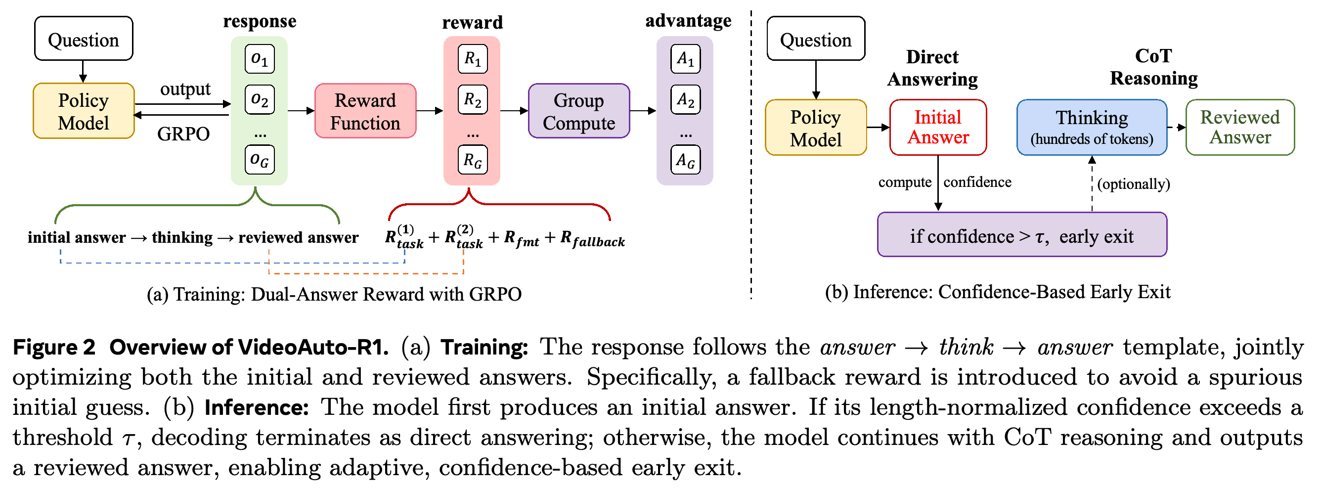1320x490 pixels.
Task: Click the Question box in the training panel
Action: tap(84, 39)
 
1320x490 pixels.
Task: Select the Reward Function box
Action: tap(365, 111)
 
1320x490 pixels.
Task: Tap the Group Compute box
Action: tap(579, 111)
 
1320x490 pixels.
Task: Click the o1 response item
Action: tap(260, 59)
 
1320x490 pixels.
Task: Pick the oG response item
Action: tap(260, 159)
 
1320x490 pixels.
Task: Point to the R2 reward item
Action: tap(473, 99)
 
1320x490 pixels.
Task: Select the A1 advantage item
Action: tap(686, 59)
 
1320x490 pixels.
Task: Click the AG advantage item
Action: tap(686, 159)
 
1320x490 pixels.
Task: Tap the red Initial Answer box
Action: tap(938, 127)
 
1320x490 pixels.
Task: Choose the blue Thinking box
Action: tap(1092, 127)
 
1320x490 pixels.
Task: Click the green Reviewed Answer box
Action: tap(1240, 127)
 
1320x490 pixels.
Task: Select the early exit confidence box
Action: tap(1022, 234)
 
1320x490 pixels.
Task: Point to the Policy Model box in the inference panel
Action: tap(816, 127)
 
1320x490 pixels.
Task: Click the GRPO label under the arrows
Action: tap(183, 134)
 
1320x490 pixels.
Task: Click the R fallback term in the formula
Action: tap(592, 238)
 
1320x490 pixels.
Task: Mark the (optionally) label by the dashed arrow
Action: tap(1134, 183)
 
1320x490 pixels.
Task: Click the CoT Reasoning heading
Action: tap(1153, 67)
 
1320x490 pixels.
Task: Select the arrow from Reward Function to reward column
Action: tap(430, 111)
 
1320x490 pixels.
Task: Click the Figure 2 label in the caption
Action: tap(54, 347)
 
